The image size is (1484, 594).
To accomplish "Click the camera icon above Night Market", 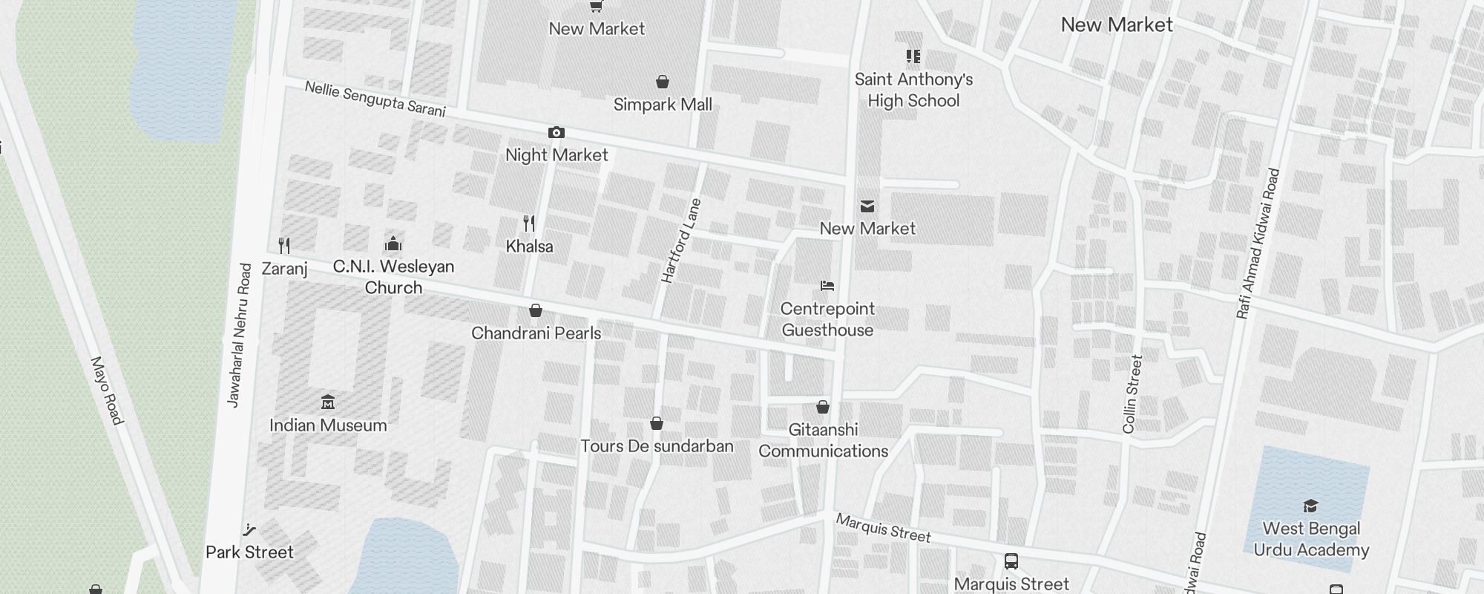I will [556, 133].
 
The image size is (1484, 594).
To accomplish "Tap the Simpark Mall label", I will [663, 105].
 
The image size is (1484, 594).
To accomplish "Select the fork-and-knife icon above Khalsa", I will [529, 223].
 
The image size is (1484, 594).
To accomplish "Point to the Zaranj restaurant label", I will [284, 268].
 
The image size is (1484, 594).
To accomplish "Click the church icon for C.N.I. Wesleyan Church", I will [393, 244].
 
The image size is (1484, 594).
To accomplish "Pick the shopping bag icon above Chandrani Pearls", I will [536, 310].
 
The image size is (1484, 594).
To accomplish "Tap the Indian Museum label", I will [328, 425].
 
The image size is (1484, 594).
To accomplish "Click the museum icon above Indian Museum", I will [328, 402].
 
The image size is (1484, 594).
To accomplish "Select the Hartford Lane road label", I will [680, 241].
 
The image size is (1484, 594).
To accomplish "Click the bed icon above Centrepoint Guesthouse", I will [827, 286].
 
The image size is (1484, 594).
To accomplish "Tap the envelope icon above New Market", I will [867, 206].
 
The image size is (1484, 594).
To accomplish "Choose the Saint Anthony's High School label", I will [913, 90].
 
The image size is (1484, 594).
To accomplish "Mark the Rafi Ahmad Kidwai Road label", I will [1258, 244].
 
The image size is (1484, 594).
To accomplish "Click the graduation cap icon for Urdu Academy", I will [1310, 506].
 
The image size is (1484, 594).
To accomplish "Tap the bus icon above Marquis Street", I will [1011, 561].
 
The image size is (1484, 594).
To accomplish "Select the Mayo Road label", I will [106, 391].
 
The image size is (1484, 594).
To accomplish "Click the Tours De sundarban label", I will [657, 446].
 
